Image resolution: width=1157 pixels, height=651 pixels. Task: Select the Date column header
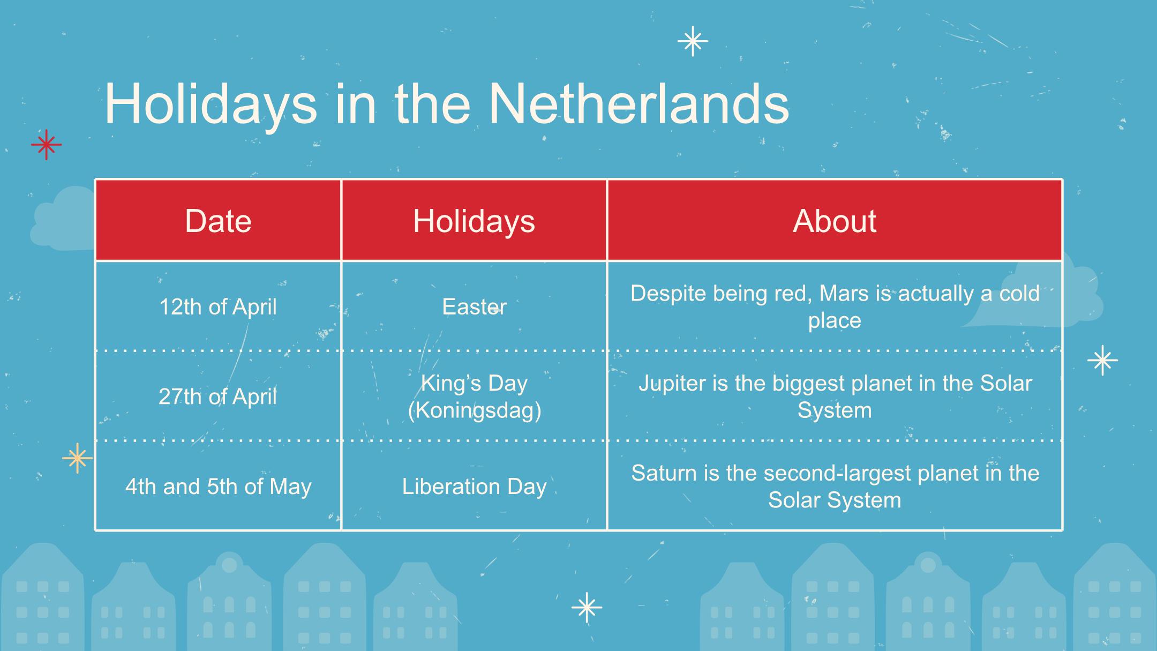[x=218, y=221]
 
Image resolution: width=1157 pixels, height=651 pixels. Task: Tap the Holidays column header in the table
[x=474, y=221]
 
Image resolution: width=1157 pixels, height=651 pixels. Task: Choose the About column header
[x=835, y=221]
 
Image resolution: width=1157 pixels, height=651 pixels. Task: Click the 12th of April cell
[x=218, y=307]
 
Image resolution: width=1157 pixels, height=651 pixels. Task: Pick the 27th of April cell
[x=218, y=397]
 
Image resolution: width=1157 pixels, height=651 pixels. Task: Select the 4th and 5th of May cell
[x=218, y=487]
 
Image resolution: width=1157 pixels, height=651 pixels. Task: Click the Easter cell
[x=474, y=307]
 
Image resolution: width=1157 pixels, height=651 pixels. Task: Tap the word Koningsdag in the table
[x=475, y=410]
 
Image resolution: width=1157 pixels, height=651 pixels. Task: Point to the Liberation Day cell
[x=474, y=487]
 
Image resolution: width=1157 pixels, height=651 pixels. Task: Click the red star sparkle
[x=46, y=145]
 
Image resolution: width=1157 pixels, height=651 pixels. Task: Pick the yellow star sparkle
[x=78, y=458]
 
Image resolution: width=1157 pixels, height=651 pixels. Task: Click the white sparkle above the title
[x=693, y=41]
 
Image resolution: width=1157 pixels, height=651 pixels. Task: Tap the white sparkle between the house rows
[x=587, y=607]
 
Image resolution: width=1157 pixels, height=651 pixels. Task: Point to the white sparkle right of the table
[x=1102, y=360]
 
